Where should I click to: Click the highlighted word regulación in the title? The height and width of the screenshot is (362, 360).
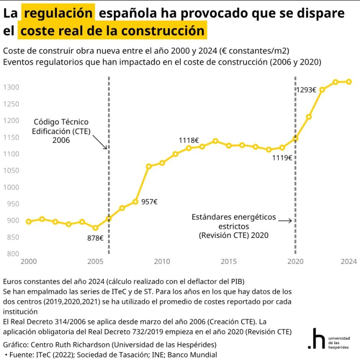pyautogui.click(x=58, y=13)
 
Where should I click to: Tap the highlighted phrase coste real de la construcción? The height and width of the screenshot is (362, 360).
pyautogui.click(x=112, y=31)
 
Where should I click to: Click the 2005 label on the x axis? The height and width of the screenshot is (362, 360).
pyautogui.click(x=95, y=262)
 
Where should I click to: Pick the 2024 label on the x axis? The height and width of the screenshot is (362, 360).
pyautogui.click(x=349, y=262)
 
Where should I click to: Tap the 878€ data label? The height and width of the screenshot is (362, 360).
pyautogui.click(x=95, y=238)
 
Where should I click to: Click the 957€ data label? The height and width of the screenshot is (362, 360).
pyautogui.click(x=149, y=202)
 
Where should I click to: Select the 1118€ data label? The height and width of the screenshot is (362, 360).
pyautogui.click(x=189, y=140)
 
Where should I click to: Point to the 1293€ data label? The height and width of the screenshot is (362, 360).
pyautogui.click(x=306, y=90)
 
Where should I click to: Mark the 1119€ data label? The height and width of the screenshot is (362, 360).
pyautogui.click(x=282, y=157)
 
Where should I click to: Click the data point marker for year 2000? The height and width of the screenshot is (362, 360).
pyautogui.click(x=29, y=222)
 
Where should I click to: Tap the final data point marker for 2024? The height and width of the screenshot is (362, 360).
pyautogui.click(x=349, y=82)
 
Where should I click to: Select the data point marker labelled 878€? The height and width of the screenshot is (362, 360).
pyautogui.click(x=95, y=228)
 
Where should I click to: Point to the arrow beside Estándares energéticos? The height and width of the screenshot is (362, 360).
pyautogui.click(x=285, y=220)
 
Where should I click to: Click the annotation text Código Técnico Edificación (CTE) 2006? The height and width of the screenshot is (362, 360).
pyautogui.click(x=61, y=131)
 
